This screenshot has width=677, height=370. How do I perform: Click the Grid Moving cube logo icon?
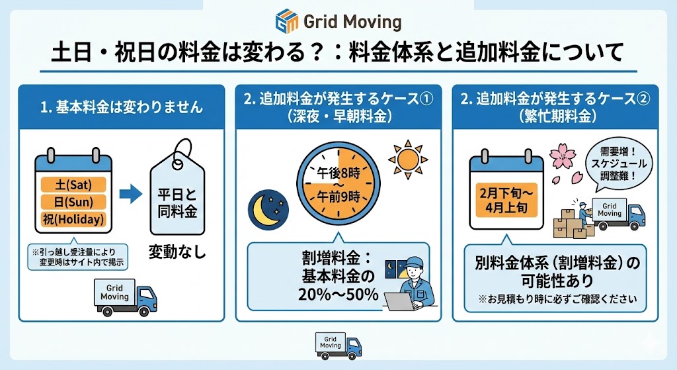point(287,21)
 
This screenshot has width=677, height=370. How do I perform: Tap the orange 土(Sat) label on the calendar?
point(73,185)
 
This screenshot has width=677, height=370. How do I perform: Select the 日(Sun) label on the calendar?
point(73,202)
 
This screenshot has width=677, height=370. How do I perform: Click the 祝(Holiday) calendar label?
point(73,219)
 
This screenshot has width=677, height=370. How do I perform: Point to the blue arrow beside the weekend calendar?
point(130,194)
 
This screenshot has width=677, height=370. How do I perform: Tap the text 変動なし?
point(177,252)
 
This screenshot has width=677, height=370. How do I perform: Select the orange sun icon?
point(408,160)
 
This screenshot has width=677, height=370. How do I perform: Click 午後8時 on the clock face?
point(338,173)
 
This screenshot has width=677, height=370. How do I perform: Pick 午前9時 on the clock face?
point(338,197)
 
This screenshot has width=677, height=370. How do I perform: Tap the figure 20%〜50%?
point(338,295)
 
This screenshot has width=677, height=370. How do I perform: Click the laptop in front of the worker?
point(399,302)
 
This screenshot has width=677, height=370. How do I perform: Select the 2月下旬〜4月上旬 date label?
point(506,200)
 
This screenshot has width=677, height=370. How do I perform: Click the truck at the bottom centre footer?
point(338,346)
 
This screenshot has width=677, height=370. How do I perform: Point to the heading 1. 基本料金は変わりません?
point(122,107)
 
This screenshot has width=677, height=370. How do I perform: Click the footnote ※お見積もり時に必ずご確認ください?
point(557,299)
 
